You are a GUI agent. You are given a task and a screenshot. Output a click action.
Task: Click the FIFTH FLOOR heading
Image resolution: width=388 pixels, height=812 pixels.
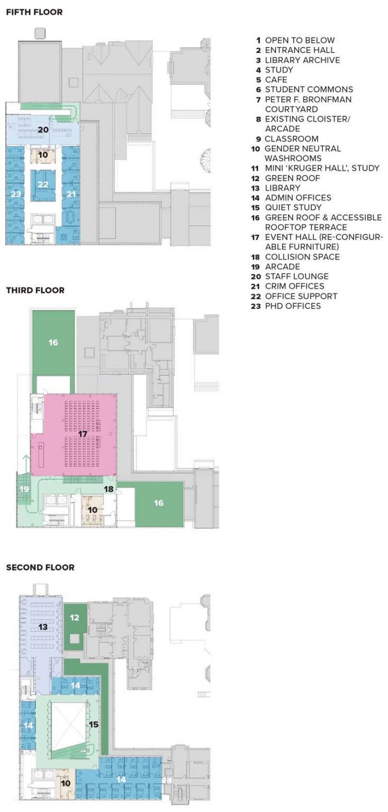[34, 12]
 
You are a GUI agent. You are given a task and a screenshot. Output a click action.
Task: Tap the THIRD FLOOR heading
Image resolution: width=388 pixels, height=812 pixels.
[35, 290]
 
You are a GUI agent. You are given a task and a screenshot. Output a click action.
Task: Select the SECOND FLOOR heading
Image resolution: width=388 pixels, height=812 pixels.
[40, 567]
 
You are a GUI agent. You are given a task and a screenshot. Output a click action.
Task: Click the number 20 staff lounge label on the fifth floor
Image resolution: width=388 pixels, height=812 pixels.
[43, 130]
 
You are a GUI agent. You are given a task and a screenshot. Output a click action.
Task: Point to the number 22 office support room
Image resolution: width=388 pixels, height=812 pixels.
[43, 184]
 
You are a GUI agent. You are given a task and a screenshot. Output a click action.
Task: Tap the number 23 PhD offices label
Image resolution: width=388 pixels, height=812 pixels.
[16, 194]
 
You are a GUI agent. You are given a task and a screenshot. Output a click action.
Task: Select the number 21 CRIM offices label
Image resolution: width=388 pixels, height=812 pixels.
[71, 194]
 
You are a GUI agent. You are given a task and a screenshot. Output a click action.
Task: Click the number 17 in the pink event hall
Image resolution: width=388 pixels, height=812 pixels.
[82, 434]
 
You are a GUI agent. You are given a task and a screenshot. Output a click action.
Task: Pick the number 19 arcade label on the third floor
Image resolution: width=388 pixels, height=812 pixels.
[24, 489]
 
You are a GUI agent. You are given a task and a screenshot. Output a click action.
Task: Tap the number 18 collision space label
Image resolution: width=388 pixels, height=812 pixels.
[109, 489]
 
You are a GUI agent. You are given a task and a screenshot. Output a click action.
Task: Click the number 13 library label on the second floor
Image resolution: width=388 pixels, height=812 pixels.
[43, 627]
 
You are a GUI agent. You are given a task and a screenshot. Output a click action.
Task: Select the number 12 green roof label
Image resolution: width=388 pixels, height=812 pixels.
[75, 617]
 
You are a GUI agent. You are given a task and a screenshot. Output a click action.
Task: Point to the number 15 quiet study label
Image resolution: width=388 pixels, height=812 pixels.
[94, 724]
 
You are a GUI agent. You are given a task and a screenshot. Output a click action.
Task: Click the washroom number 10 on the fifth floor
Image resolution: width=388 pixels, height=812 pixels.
[43, 155]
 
